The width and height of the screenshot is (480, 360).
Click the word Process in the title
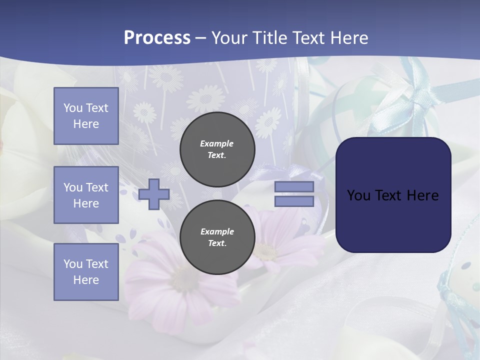(x=157, y=38)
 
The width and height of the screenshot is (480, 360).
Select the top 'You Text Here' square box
(x=86, y=116)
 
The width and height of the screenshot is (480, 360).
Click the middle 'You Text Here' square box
(x=86, y=195)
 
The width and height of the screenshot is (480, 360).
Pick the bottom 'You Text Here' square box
(x=86, y=272)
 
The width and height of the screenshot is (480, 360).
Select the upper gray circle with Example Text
(x=217, y=149)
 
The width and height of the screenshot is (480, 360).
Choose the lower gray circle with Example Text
(x=217, y=237)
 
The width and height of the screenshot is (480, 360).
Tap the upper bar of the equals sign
(x=294, y=186)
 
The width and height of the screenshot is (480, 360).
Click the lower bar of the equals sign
(x=294, y=201)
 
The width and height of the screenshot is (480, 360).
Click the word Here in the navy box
(x=423, y=195)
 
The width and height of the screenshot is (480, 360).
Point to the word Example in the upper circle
(x=217, y=143)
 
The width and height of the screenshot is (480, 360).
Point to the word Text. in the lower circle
(x=217, y=243)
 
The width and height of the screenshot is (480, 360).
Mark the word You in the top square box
(x=73, y=108)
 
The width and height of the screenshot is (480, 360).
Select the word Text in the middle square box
(x=97, y=187)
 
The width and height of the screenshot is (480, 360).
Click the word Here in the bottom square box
(x=86, y=280)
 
